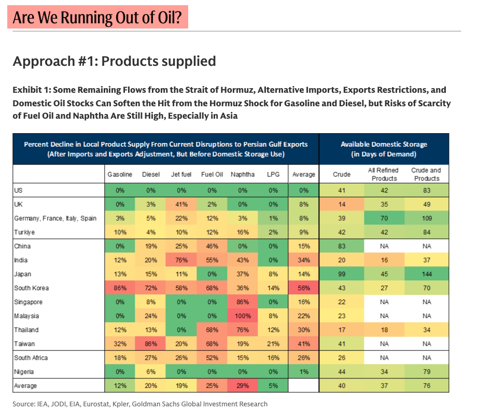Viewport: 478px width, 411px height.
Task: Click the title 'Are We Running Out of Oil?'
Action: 100,18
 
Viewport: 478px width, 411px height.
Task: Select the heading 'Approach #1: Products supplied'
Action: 114,61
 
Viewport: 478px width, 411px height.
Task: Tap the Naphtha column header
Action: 243,175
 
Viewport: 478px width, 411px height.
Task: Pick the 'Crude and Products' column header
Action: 426,175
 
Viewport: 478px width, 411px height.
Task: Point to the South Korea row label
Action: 32,288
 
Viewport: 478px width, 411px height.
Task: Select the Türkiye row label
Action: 25,232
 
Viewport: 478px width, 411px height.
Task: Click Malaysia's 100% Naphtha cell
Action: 243,316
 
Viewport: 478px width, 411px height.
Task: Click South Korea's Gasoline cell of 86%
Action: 120,288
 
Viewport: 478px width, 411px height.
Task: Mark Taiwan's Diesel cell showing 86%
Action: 150,344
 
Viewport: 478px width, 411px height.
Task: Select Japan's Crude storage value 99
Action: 342,274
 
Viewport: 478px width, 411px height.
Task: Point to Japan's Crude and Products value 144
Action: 426,274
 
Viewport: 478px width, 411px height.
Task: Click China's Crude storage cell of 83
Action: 342,246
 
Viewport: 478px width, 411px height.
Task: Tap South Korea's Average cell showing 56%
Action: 303,288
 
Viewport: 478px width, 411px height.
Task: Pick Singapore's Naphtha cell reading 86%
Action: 243,302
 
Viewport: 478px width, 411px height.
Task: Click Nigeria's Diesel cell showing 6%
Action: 150,372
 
